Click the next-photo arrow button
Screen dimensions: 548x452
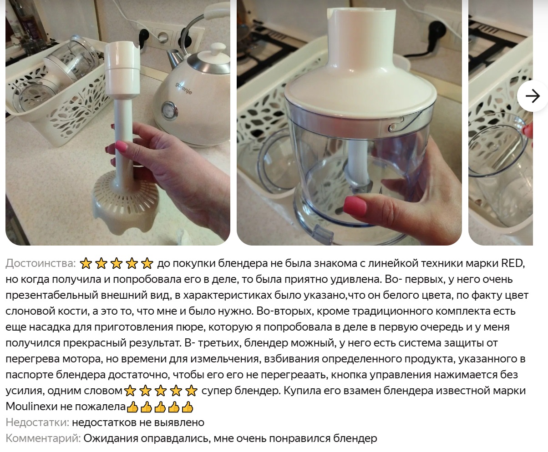tap(532, 96)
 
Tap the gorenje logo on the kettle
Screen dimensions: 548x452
tap(184, 88)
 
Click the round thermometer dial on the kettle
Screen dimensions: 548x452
tap(168, 109)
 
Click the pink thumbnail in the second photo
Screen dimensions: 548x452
tap(355, 206)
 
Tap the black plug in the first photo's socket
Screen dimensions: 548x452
tap(144, 38)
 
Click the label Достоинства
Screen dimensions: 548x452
tap(41, 263)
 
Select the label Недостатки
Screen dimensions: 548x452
tap(37, 422)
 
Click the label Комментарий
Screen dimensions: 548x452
tap(43, 438)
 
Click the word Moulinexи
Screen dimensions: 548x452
tap(31, 406)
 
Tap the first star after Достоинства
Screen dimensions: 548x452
tap(85, 263)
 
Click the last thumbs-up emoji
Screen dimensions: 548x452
tap(188, 407)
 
